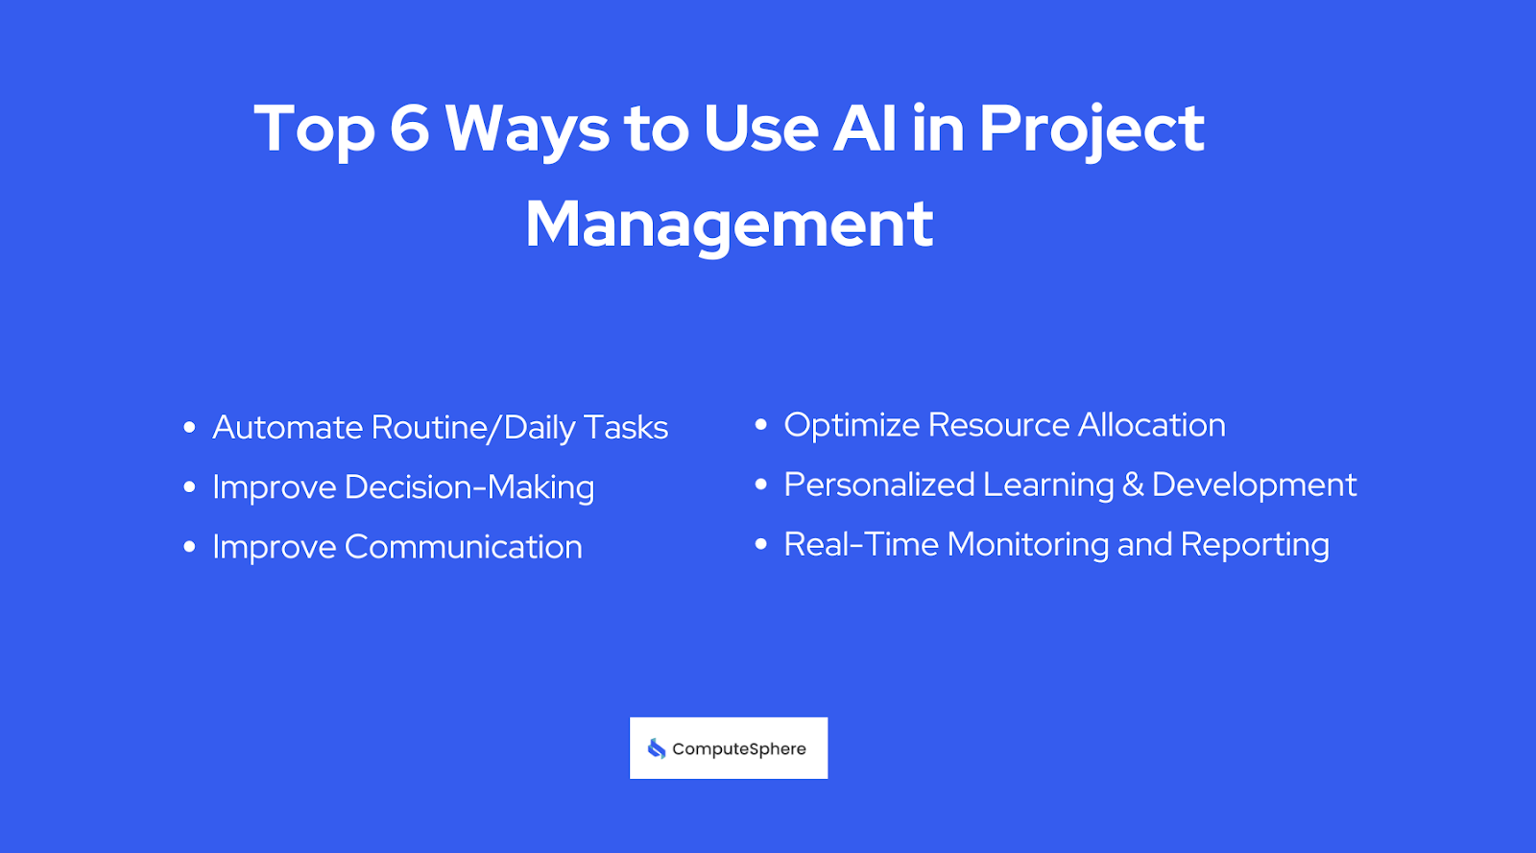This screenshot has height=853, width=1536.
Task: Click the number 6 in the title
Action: click(409, 129)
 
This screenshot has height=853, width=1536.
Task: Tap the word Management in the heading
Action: click(730, 225)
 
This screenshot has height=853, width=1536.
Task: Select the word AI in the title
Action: click(865, 129)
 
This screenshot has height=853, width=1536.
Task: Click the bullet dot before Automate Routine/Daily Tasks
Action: click(189, 427)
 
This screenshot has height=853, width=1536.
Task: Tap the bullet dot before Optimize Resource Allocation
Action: click(761, 424)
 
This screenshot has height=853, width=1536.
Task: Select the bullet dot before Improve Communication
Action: click(189, 547)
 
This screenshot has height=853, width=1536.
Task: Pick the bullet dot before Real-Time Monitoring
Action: click(761, 544)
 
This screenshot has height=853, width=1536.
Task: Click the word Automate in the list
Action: click(287, 427)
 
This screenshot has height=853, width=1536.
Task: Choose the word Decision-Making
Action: click(469, 487)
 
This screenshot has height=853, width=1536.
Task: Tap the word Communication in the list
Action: click(463, 547)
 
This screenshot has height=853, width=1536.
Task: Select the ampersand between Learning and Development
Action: click(1133, 485)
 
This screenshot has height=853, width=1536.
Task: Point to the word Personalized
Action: click(878, 485)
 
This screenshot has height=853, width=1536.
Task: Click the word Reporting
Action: click(1255, 545)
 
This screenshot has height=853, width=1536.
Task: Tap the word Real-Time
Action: click(861, 544)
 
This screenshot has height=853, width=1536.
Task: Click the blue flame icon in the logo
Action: click(657, 748)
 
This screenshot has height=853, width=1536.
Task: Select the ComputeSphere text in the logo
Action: click(739, 749)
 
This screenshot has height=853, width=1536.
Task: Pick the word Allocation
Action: click(1151, 425)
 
